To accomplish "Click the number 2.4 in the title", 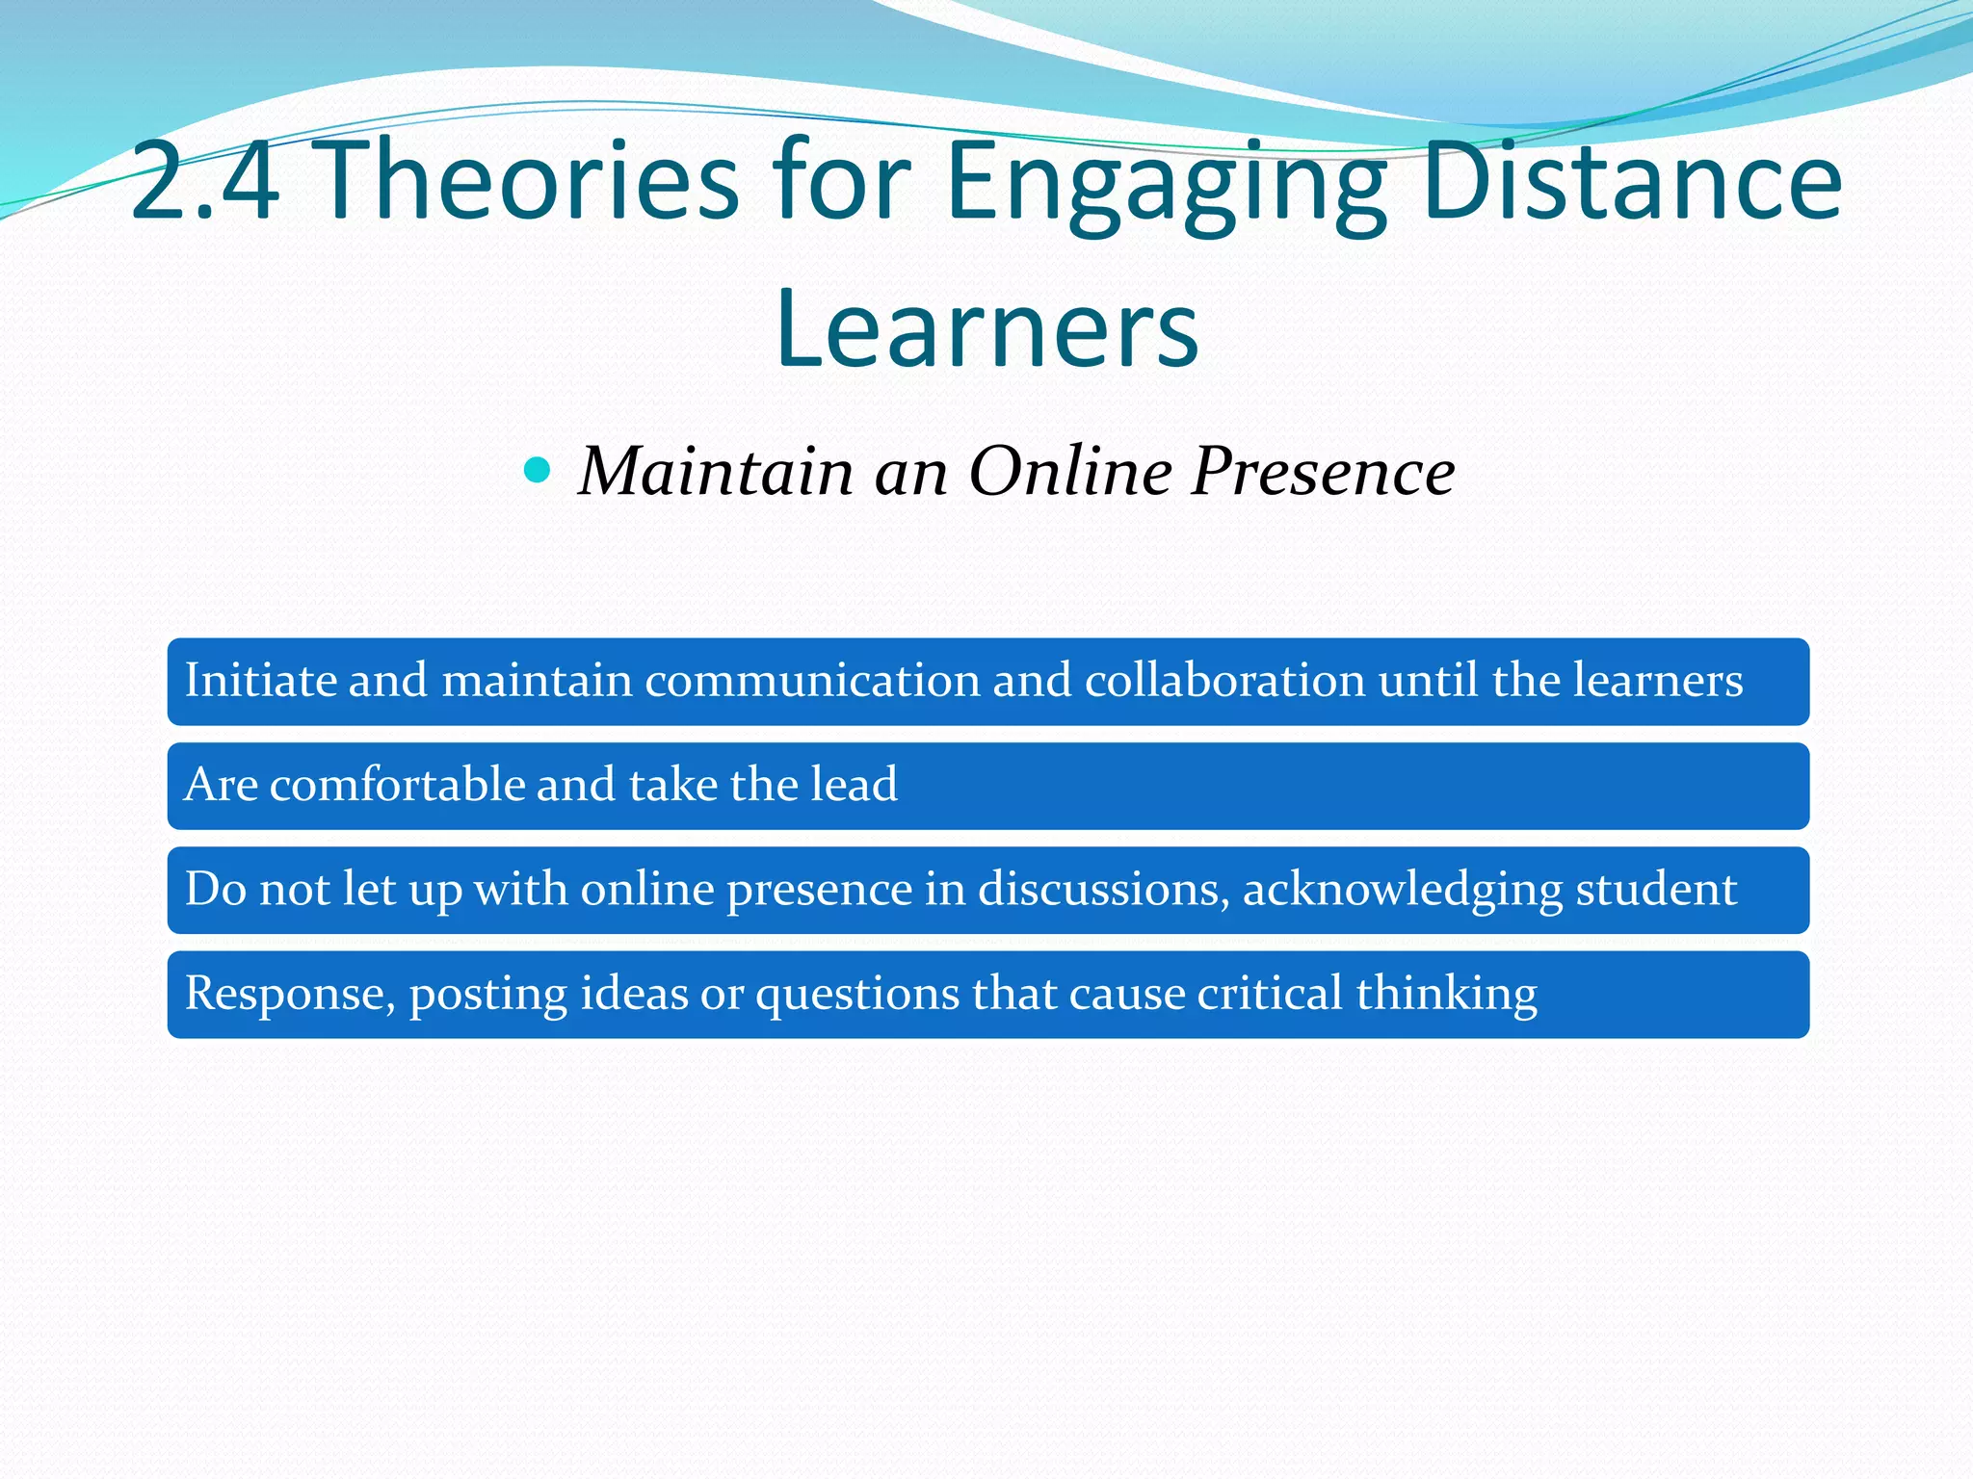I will (x=204, y=180).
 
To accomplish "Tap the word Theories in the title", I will (x=528, y=180).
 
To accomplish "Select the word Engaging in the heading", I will (x=1166, y=183).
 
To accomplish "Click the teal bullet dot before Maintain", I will (x=537, y=470).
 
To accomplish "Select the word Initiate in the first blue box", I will (x=259, y=680).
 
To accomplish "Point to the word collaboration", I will (x=1224, y=680).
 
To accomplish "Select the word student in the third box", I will (x=1656, y=889).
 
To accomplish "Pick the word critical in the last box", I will (x=1270, y=994).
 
